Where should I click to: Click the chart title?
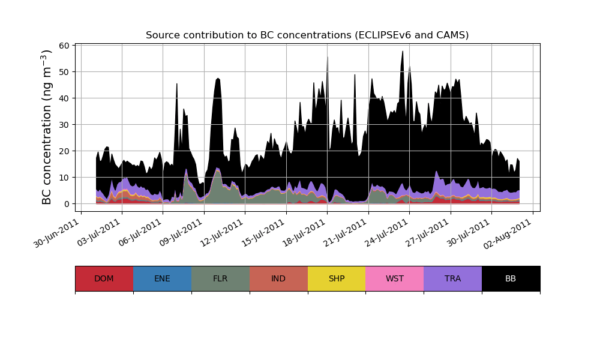coord(307,35)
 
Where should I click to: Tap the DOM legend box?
coord(104,278)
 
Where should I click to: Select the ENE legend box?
coord(162,278)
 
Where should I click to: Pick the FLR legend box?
coord(220,278)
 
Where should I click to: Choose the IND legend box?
coord(278,278)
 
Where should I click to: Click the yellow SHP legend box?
coord(337,278)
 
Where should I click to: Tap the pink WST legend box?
coord(395,278)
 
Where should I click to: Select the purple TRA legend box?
coord(453,278)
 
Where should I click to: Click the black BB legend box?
coord(511,278)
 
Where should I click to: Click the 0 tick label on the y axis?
coord(67,204)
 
